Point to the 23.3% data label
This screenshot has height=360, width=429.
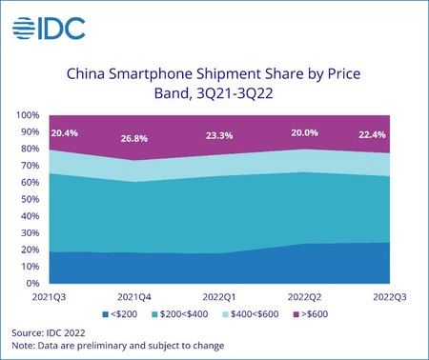[x=221, y=136]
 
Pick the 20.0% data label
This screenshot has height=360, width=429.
[x=307, y=132]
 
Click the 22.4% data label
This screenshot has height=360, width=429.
[x=374, y=132]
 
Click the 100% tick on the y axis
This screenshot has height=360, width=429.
[x=27, y=115]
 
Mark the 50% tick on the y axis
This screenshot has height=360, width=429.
[x=30, y=199]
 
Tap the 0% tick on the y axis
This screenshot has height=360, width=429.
[x=31, y=283]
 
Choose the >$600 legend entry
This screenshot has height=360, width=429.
[x=314, y=312]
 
